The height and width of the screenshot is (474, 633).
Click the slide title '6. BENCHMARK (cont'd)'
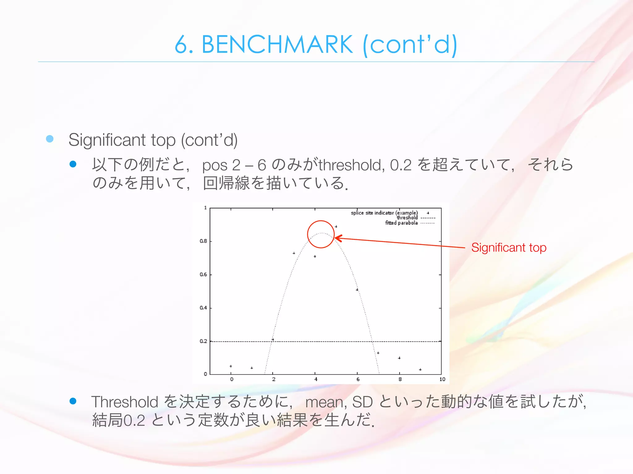pos(316,45)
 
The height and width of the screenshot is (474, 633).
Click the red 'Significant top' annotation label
pos(509,247)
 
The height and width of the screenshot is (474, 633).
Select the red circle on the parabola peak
pos(321,234)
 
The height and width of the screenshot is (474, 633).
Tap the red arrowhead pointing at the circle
pos(338,238)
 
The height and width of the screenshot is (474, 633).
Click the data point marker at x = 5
pos(336,227)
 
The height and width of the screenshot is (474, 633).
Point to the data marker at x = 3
pos(294,253)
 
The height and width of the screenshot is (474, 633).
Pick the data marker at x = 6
pos(357,289)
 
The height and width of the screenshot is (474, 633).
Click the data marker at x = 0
pos(231,366)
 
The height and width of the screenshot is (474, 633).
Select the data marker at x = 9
pos(420,369)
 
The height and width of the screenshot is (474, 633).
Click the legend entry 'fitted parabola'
pos(401,223)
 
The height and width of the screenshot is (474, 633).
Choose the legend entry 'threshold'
pos(407,218)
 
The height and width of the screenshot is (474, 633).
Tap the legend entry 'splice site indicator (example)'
pos(384,213)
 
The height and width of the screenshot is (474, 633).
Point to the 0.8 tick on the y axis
pos(203,241)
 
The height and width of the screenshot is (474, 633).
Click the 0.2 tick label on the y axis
pos(203,341)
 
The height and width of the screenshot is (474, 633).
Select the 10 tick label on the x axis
pos(442,379)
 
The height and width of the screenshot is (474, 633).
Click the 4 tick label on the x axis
pos(316,379)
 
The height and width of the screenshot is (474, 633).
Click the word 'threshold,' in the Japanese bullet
pos(352,165)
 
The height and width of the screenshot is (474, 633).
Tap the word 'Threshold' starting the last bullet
pos(125,402)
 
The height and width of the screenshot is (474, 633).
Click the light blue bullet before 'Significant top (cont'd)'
pos(50,139)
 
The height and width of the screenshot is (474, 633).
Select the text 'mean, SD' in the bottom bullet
pos(339,402)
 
